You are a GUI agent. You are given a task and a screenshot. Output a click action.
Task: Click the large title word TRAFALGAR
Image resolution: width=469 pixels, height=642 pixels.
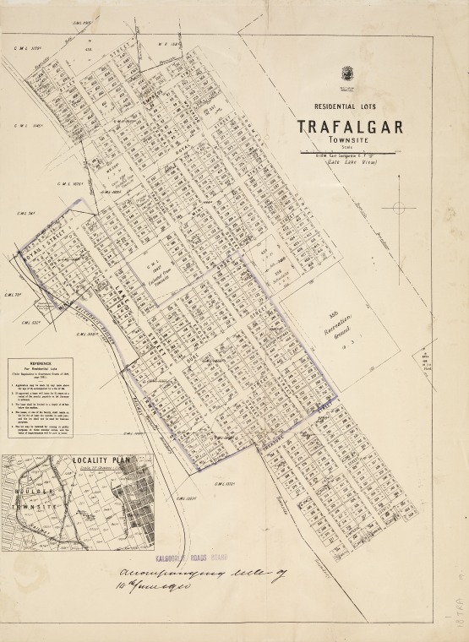pos(348,128)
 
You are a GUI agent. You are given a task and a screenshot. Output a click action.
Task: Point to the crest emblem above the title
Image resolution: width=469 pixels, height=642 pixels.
pos(347,73)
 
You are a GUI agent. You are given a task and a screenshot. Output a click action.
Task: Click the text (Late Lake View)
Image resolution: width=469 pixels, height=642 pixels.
pos(347,161)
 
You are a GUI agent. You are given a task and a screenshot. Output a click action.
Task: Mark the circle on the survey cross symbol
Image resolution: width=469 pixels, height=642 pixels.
pos(399,207)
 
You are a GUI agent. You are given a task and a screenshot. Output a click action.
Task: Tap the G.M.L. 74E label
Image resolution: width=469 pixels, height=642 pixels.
pos(25,214)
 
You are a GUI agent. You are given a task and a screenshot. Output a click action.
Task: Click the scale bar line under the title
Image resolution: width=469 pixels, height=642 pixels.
pos(347,152)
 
